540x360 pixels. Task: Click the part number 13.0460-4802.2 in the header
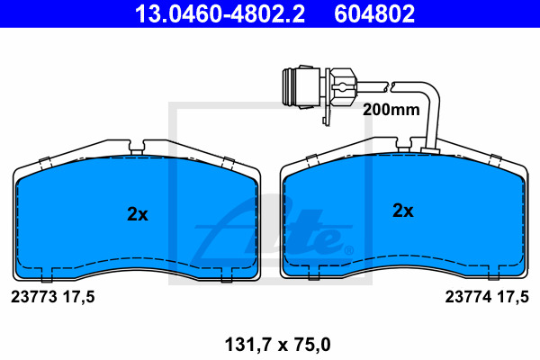pos(220,13)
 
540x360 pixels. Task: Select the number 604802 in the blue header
pos(374,13)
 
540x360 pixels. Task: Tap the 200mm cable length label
pos(391,110)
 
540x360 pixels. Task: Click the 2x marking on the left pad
pos(138,214)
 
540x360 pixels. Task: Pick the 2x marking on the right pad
pos(403,210)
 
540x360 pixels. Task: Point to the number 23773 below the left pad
pos(34,297)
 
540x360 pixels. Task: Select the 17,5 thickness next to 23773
pos(78,297)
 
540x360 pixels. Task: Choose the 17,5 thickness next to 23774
pos(513,297)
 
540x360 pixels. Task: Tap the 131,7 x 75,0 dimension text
pos(277,345)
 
